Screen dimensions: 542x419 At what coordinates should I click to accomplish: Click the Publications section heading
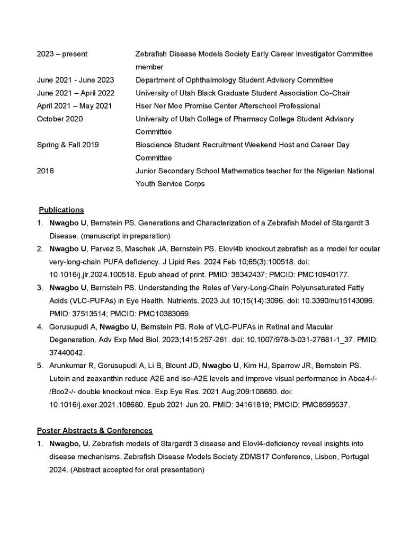coord(61,209)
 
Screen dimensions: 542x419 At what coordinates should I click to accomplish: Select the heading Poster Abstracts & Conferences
coord(95,430)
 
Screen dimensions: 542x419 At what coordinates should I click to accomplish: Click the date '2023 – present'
coord(63,54)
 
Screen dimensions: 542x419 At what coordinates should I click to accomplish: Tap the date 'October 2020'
coord(60,119)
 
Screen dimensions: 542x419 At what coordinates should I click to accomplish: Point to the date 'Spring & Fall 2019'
coord(68,145)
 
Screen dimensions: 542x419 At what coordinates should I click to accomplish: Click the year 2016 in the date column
coord(46,171)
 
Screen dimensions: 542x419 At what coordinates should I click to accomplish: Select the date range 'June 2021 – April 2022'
coord(76,93)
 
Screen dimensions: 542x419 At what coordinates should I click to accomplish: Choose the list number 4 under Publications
coord(40,326)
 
